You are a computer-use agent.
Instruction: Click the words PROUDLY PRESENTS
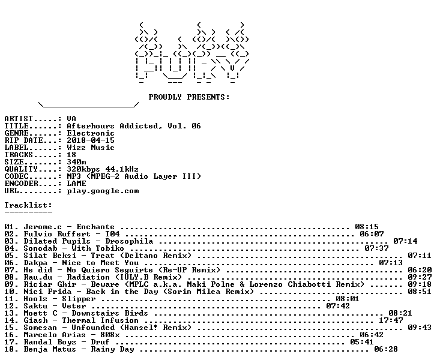click(x=188, y=97)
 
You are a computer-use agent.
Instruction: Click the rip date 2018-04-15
click(x=91, y=140)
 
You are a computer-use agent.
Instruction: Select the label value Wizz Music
click(x=91, y=148)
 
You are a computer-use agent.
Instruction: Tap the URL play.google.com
click(x=103, y=191)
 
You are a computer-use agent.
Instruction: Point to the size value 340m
click(x=76, y=162)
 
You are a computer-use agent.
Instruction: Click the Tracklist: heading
click(x=28, y=205)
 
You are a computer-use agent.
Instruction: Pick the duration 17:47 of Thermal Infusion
click(x=391, y=320)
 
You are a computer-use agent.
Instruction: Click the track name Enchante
click(x=95, y=227)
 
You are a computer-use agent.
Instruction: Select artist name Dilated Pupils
click(x=57, y=241)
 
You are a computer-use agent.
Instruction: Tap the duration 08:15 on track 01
click(x=367, y=227)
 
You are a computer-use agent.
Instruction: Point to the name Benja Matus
click(x=50, y=349)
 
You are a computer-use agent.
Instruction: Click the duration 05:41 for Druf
click(x=362, y=342)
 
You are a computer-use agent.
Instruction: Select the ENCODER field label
click(x=21, y=184)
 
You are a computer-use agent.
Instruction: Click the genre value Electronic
click(x=91, y=133)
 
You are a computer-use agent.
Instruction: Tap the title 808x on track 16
click(x=110, y=335)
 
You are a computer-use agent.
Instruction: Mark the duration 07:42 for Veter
click(x=338, y=306)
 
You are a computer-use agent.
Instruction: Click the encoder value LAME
click(x=76, y=184)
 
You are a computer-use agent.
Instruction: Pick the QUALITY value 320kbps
click(x=83, y=169)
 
